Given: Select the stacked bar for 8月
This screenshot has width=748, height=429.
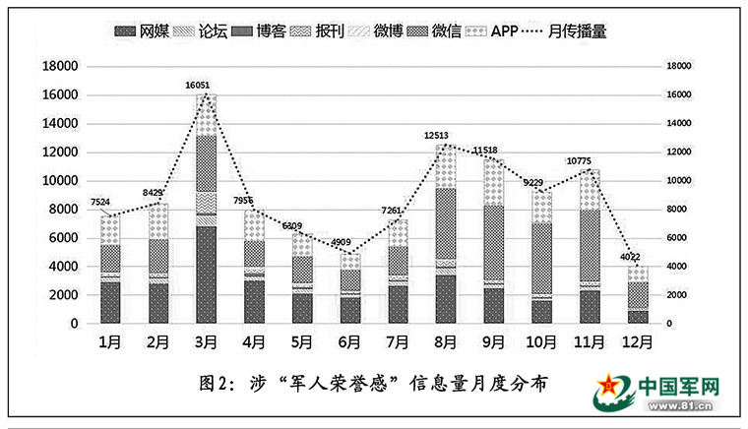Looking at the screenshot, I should tap(445, 236).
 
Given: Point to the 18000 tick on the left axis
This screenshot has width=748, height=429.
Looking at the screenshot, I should tap(59, 66).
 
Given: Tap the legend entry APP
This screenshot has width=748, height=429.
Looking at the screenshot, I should tap(505, 32).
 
